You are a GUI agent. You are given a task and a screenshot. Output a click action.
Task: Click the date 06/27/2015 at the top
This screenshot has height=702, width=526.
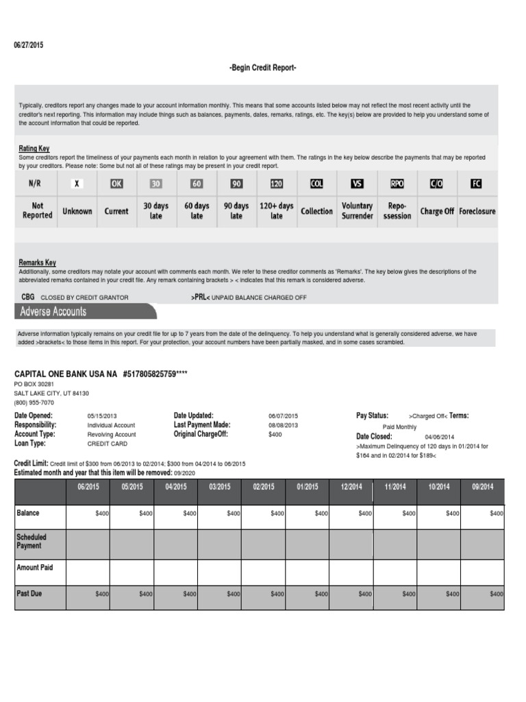(28, 45)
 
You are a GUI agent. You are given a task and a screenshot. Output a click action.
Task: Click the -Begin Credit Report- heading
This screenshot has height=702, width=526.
(262, 68)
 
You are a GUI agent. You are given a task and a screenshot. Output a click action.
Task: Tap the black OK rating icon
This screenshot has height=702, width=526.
(116, 184)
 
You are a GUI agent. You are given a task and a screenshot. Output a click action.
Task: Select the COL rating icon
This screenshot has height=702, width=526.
(316, 184)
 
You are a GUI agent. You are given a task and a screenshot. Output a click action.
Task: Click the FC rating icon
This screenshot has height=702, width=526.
(477, 184)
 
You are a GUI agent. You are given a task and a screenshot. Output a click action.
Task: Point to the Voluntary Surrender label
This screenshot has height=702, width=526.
(357, 211)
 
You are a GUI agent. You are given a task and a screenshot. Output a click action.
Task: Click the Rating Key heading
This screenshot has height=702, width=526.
(34, 149)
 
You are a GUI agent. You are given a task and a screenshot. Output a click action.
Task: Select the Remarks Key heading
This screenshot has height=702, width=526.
(38, 263)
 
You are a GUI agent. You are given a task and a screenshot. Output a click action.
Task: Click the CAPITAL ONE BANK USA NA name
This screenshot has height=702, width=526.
(66, 374)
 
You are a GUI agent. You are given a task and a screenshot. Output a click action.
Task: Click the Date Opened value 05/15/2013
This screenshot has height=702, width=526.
(103, 416)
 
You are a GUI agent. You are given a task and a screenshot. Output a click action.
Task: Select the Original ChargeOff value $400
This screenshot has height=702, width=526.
(275, 435)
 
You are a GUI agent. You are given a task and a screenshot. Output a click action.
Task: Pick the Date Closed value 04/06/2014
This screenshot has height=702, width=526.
(439, 437)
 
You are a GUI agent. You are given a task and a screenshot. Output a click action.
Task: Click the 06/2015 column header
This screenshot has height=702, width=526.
(87, 487)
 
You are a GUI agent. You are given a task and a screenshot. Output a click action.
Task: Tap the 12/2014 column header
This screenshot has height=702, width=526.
(351, 487)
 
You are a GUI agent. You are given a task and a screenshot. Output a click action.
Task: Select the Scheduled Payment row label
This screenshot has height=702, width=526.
(32, 542)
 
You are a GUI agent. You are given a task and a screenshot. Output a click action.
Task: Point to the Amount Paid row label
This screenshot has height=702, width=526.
(34, 568)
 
